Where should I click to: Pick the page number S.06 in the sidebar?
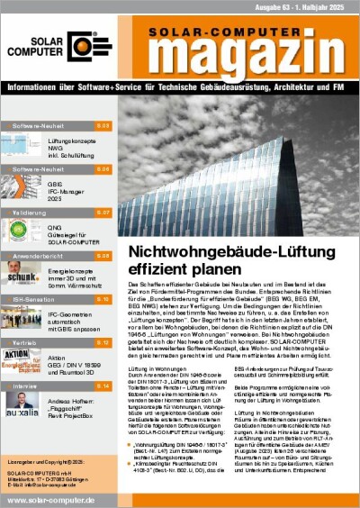click(x=103, y=168)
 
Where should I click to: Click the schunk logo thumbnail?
click(x=21, y=274)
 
